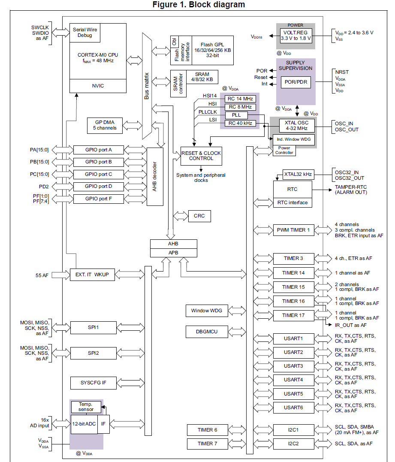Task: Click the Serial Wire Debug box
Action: click(84, 33)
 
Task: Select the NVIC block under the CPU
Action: click(98, 86)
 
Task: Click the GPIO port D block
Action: click(98, 187)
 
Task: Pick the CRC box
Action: click(199, 216)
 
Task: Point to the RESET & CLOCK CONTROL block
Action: click(201, 156)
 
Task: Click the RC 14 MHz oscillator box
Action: click(240, 99)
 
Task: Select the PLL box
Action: click(236, 115)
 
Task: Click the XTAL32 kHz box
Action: click(298, 175)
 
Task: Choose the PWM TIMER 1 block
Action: click(294, 230)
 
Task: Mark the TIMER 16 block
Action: click(294, 301)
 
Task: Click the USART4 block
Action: click(294, 380)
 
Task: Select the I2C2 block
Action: click(294, 443)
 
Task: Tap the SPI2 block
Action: click(93, 353)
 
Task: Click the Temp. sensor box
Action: click(86, 407)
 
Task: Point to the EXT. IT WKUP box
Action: click(93, 275)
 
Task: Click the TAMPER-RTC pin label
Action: click(347, 187)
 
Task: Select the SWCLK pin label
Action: click(40, 27)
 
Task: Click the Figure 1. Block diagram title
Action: click(199, 5)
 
